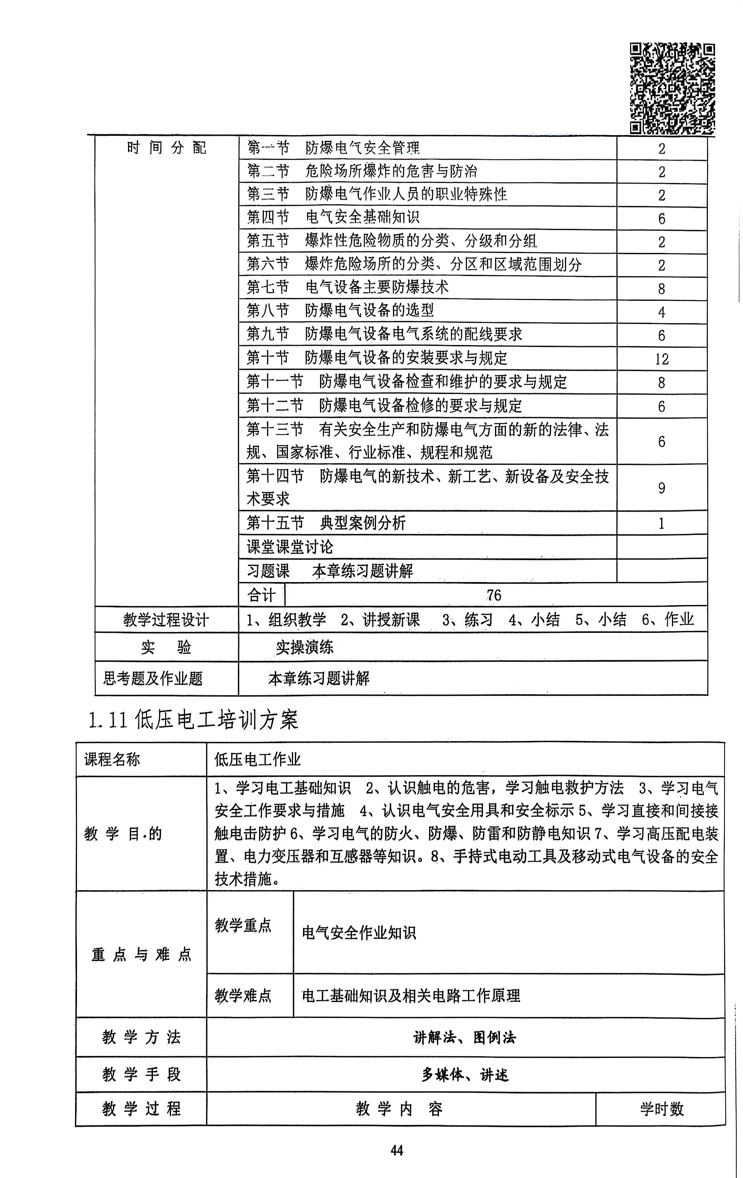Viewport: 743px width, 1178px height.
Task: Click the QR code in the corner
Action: (672, 88)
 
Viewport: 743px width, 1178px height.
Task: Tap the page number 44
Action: (396, 1150)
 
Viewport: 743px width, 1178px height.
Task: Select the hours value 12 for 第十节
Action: (661, 359)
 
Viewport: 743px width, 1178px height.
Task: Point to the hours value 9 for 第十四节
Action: (661, 488)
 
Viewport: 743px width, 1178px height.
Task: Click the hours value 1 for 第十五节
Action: (661, 523)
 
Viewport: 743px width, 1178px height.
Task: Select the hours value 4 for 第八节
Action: (661, 312)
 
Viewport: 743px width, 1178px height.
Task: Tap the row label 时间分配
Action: (167, 147)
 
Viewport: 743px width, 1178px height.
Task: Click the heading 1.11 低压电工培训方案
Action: (194, 720)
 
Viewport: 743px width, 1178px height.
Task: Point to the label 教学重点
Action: (243, 925)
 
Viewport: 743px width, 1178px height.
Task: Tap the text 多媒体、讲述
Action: (465, 1075)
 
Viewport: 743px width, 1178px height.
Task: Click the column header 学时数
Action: (661, 1109)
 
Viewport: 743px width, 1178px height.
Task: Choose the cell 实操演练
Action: (305, 647)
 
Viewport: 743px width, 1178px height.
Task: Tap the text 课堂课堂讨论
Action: (290, 547)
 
